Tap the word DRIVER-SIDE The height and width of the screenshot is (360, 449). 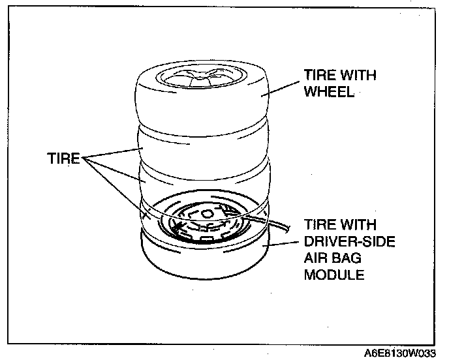[x=339, y=241]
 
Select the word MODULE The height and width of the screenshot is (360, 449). [x=333, y=274]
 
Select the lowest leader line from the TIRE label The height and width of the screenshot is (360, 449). [x=117, y=189]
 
